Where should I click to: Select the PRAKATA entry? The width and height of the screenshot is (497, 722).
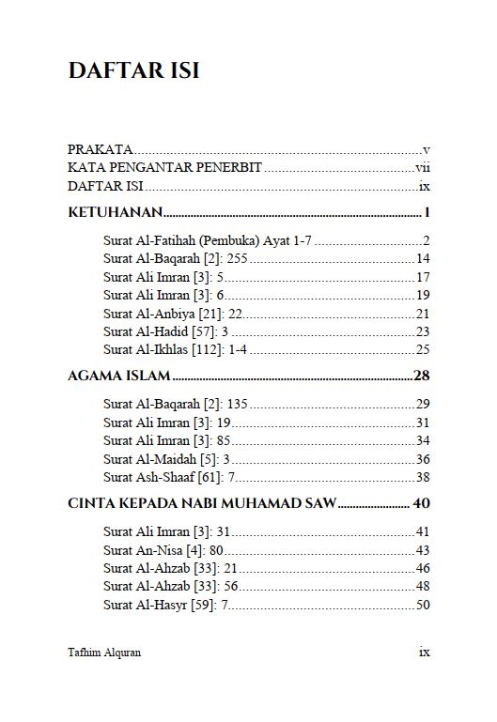click(x=100, y=149)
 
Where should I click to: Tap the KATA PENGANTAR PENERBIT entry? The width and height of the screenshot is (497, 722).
click(x=164, y=168)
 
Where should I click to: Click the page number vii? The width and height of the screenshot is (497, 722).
click(x=423, y=168)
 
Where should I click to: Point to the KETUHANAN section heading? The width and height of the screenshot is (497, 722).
click(x=114, y=211)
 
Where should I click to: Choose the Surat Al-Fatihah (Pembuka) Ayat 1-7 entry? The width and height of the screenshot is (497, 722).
click(x=208, y=240)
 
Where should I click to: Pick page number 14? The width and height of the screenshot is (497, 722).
click(x=423, y=258)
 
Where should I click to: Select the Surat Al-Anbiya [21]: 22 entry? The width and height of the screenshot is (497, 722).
click(x=173, y=313)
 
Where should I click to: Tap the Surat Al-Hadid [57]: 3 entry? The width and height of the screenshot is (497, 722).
click(x=166, y=331)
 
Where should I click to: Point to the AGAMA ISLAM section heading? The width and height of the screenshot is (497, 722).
click(x=118, y=376)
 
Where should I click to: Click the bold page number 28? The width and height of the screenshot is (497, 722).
click(x=422, y=376)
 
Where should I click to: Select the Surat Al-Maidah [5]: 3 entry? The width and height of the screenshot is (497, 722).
click(x=166, y=458)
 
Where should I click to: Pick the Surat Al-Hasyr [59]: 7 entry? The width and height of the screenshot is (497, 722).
click(x=166, y=605)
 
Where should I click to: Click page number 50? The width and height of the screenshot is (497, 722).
click(x=423, y=605)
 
